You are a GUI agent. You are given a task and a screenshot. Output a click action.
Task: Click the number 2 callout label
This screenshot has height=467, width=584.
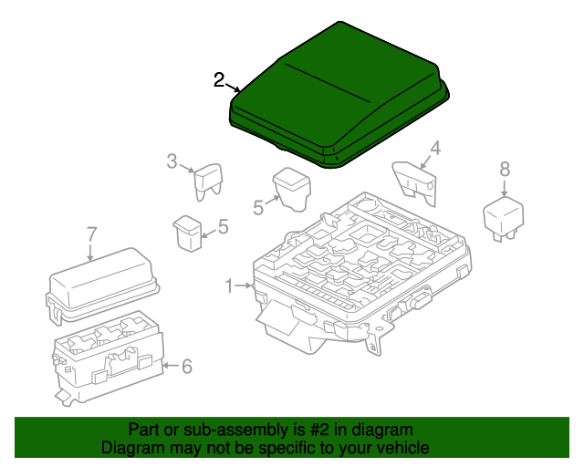(x=219, y=80)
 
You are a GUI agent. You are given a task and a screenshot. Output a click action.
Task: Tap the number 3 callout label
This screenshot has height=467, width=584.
(x=172, y=161)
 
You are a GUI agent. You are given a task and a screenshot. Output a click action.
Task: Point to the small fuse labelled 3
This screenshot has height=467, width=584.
(x=209, y=182)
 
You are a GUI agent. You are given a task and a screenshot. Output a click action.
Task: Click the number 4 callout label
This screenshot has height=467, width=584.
(x=436, y=148)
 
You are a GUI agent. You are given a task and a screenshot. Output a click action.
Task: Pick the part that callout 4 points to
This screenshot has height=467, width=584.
(x=414, y=183)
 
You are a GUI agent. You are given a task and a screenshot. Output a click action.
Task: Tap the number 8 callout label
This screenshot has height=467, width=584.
(x=505, y=169)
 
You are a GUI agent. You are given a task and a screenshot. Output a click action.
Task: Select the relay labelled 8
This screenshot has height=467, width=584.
(x=504, y=219)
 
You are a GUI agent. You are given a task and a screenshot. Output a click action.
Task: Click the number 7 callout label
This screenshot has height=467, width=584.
(x=91, y=234)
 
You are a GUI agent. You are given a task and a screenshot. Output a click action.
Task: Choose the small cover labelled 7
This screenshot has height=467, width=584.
(x=102, y=285)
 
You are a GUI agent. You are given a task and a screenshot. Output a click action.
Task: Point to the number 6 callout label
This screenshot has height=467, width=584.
(x=186, y=367)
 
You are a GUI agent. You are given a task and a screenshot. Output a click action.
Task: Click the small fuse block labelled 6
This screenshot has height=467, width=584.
(x=108, y=358)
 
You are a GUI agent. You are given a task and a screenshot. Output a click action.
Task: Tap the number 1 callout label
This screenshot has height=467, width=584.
(x=229, y=286)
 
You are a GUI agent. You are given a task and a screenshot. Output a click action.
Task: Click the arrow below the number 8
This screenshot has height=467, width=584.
(x=505, y=188)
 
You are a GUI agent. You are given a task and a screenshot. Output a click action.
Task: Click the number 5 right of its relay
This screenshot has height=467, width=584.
(x=223, y=226)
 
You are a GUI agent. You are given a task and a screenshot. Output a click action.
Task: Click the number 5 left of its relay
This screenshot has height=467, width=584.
(x=258, y=207)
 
